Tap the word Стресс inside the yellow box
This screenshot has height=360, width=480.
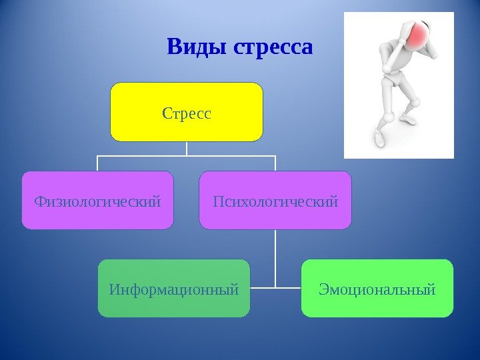point(187,113)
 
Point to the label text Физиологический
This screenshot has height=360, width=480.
point(97,200)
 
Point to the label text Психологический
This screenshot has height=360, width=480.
point(275,200)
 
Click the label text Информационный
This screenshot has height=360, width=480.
point(174,290)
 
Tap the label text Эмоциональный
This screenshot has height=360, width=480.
point(377,290)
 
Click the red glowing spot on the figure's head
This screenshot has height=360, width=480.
point(419,35)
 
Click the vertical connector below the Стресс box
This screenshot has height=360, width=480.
point(187,149)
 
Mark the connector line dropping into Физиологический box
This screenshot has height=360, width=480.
point(97,164)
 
